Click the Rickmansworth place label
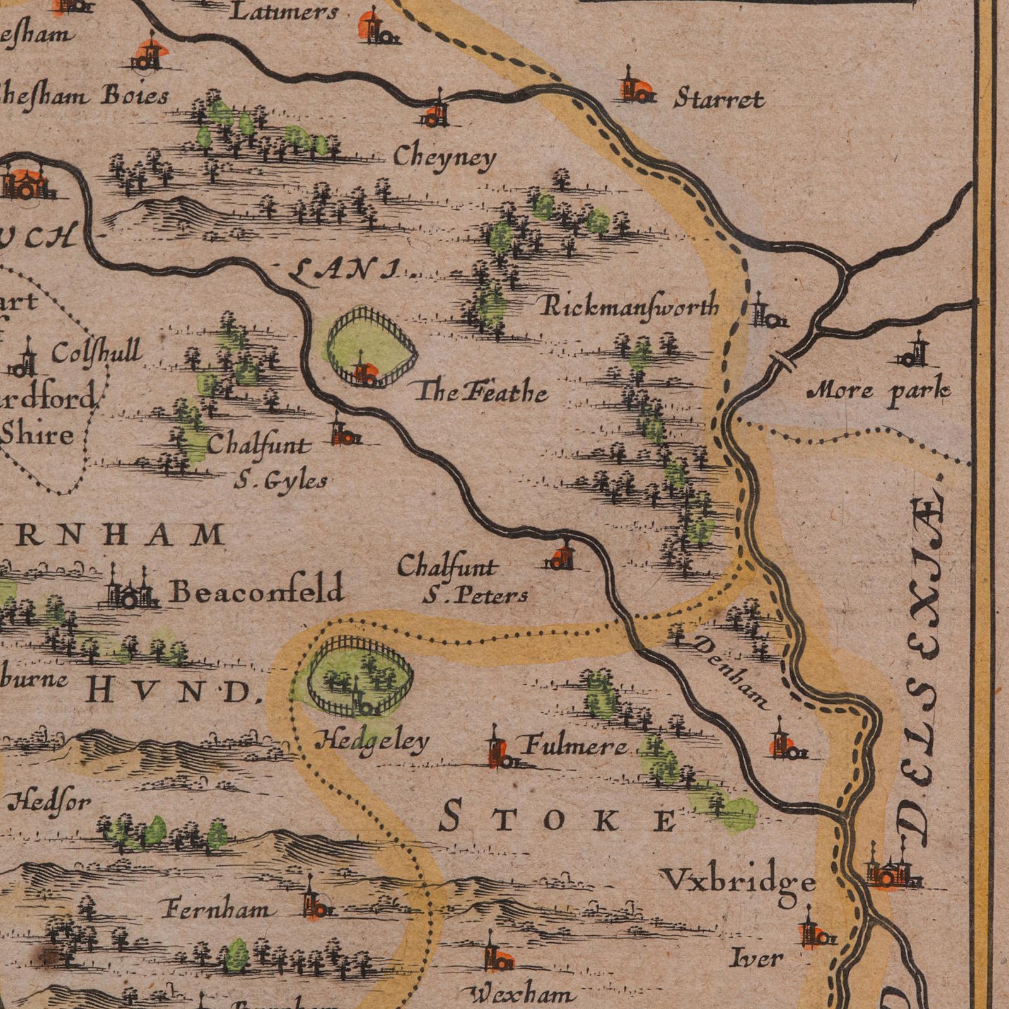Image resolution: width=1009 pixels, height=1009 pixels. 629,307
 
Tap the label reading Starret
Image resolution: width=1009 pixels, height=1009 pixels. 719,99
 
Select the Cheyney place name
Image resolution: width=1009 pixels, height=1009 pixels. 445,158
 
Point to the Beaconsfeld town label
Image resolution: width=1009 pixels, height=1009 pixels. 257,591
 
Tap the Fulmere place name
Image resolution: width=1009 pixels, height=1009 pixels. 574,747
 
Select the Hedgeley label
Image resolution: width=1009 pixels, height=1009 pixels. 372,742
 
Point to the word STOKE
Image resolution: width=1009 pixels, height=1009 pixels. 558,821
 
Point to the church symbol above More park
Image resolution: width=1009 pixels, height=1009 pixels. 914,352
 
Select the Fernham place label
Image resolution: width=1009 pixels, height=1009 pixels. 218,910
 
